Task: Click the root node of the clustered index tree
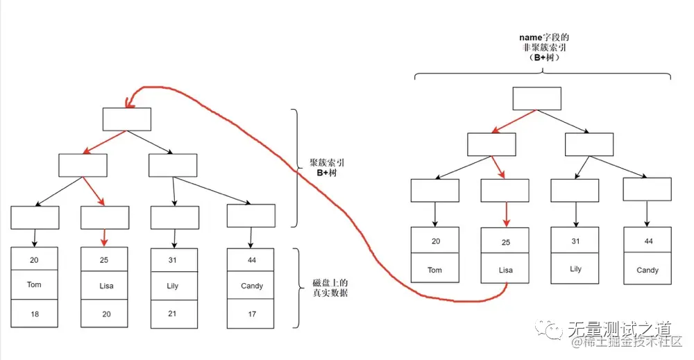127,119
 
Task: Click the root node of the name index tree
536,98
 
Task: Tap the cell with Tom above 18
35,284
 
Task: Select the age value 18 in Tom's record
35,314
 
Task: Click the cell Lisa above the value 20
105,285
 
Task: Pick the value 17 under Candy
251,314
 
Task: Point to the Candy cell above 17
251,285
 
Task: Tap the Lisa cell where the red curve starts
505,269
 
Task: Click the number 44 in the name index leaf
647,241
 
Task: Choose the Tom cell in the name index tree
434,269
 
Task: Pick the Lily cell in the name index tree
575,268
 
